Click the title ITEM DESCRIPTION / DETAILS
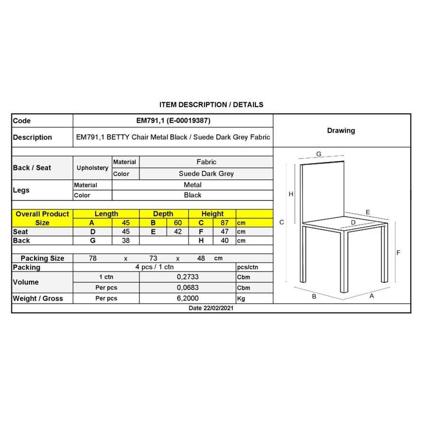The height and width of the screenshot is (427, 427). (211, 104)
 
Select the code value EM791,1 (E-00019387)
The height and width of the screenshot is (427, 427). (173, 121)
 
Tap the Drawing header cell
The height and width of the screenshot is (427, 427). (341, 130)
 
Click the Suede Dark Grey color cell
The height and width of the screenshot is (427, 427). (206, 174)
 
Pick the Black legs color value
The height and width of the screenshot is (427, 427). (193, 195)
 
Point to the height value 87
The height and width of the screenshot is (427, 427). (225, 223)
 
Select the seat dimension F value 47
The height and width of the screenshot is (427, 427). (225, 232)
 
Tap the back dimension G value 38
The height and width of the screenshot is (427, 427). (126, 241)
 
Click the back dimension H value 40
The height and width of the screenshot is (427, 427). (225, 241)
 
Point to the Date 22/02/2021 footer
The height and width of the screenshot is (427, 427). (211, 308)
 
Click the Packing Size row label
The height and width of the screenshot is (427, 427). (42, 258)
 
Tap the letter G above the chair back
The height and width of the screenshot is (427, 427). (319, 154)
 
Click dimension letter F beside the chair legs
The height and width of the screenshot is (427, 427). (399, 252)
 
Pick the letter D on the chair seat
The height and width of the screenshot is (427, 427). (353, 222)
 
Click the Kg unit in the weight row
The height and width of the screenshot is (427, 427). (241, 298)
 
